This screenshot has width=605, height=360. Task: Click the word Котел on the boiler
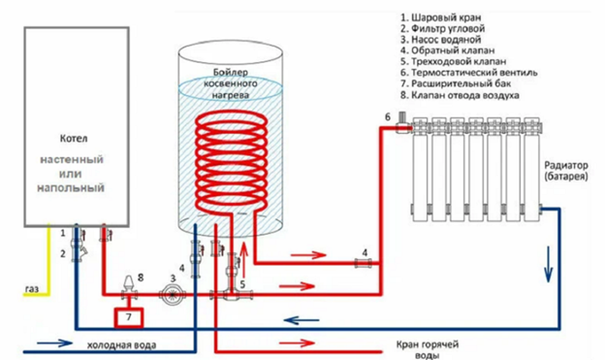(74, 139)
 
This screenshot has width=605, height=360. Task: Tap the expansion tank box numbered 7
(129, 317)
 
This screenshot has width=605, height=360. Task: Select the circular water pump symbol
(172, 294)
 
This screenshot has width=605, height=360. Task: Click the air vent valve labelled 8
(130, 288)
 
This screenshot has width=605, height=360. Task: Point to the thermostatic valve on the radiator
(401, 122)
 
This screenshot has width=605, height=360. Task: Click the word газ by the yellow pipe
(32, 288)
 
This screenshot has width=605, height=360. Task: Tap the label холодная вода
(121, 344)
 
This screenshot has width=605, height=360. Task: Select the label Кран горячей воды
(428, 349)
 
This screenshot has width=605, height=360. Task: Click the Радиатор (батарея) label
(566, 171)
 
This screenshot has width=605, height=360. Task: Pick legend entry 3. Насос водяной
(441, 40)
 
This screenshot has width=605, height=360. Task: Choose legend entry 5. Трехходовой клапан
(454, 61)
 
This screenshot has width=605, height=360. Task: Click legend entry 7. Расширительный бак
(456, 83)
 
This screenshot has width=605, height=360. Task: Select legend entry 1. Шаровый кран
(440, 17)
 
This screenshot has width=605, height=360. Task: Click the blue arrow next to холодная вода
(54, 343)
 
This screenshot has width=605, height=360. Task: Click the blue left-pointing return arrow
(302, 320)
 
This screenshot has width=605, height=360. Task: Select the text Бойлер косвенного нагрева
(231, 83)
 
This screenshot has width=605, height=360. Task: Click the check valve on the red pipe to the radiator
(364, 263)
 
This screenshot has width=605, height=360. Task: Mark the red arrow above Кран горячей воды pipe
(298, 343)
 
